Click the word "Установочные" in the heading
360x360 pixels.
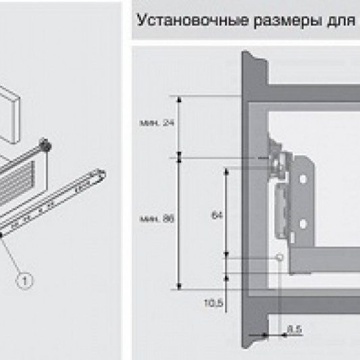tap(178, 20)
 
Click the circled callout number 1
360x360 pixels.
tap(24, 278)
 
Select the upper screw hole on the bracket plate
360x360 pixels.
tap(304, 180)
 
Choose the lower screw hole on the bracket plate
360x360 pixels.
tap(304, 224)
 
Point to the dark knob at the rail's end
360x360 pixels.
tap(45, 145)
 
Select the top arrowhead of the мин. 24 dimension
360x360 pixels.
tap(179, 99)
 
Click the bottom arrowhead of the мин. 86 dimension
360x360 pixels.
tap(179, 286)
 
